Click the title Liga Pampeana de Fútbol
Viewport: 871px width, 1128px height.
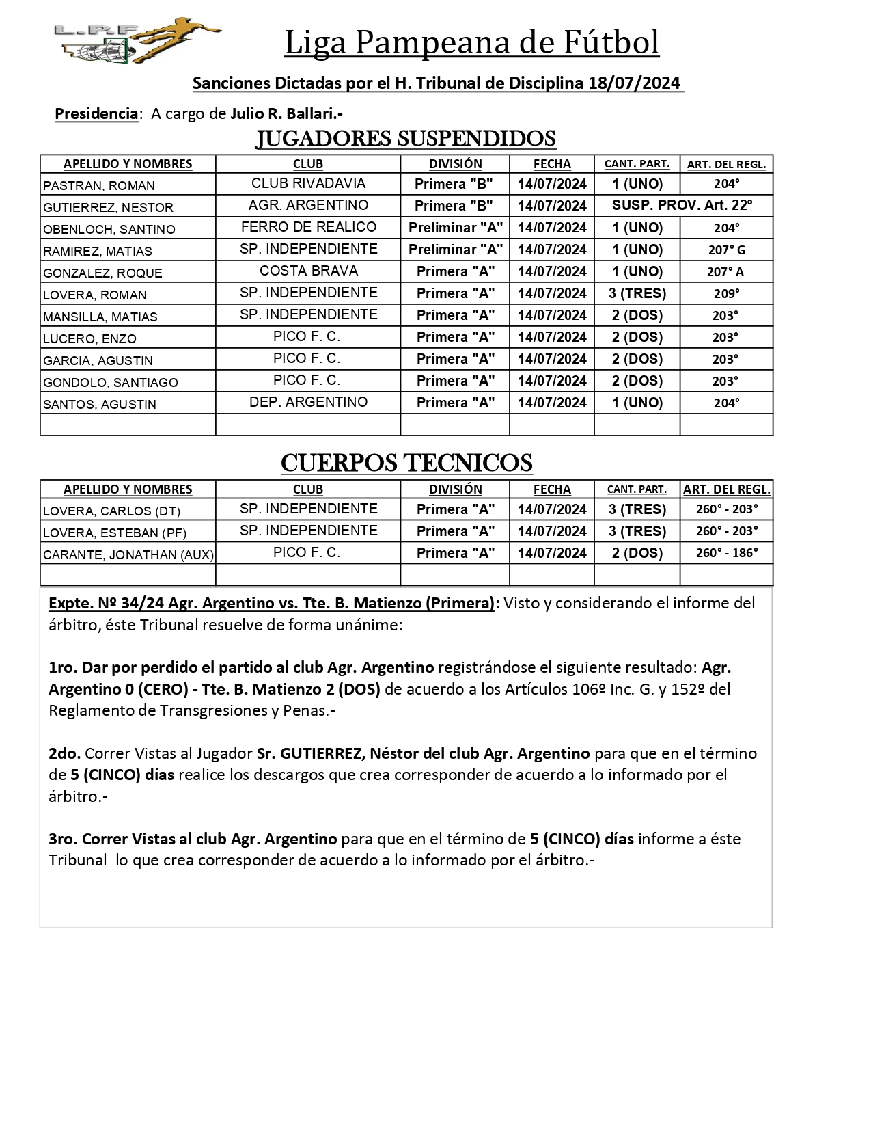pos(471,42)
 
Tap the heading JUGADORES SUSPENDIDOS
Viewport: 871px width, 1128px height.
pos(406,139)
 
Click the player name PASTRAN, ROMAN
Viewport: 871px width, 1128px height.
pos(99,185)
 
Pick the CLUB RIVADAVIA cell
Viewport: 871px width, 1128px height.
pos(308,183)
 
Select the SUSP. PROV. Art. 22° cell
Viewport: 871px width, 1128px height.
pos(682,205)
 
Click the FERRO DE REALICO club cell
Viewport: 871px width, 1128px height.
pos(308,227)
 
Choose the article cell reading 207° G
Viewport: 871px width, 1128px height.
pos(726,250)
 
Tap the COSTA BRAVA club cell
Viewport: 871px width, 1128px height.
pos(308,271)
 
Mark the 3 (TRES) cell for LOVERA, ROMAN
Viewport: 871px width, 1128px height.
pos(637,293)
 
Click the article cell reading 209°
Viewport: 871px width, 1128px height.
pos(726,293)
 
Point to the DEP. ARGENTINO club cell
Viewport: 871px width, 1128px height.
pos(308,402)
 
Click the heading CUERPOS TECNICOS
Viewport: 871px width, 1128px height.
pos(406,464)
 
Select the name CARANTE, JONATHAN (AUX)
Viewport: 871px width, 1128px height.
pos(128,554)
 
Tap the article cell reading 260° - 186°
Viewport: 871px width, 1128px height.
pos(726,553)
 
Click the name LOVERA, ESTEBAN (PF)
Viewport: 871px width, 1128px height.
pos(115,533)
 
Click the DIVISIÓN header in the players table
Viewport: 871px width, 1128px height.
pos(455,164)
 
